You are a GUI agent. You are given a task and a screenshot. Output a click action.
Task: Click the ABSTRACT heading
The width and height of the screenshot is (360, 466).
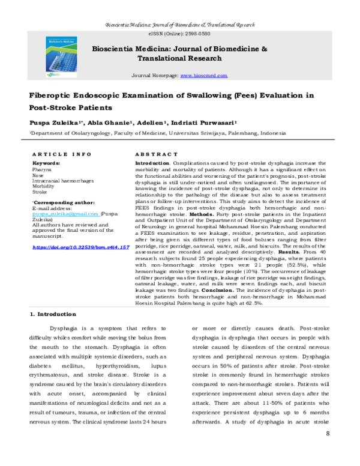157,155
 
